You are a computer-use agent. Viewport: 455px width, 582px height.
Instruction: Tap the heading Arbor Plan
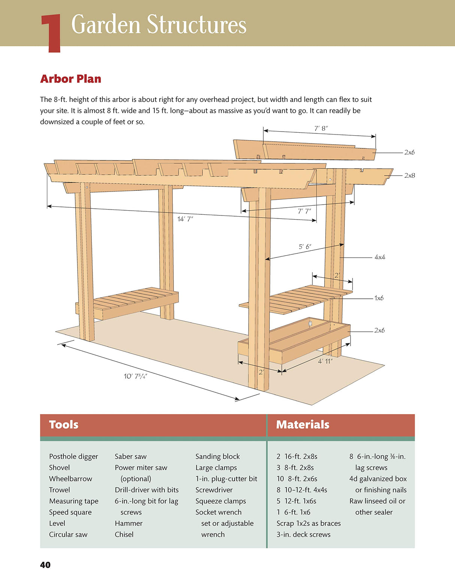tap(70, 79)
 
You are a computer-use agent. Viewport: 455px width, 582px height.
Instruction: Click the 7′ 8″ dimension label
tap(321, 129)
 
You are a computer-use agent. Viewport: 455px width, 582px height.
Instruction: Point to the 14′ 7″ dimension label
tap(185, 219)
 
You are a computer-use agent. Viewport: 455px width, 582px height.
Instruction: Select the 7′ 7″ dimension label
tap(304, 211)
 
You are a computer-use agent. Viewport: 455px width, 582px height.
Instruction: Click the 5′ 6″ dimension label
tap(305, 247)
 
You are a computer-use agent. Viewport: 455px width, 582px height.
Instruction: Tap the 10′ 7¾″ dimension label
tap(136, 376)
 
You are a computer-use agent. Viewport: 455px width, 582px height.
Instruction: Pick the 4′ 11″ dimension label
tap(325, 361)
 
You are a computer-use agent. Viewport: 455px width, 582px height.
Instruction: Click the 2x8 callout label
tap(409, 175)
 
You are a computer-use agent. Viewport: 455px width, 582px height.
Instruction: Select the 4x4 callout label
tap(380, 257)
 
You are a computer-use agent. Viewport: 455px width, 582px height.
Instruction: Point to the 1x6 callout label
tap(379, 298)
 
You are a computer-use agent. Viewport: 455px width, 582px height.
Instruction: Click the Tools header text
tap(64, 425)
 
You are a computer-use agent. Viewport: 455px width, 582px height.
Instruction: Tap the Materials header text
tap(302, 425)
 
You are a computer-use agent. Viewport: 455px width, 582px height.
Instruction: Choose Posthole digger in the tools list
tap(73, 456)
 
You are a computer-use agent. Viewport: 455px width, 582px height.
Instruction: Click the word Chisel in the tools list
tap(124, 534)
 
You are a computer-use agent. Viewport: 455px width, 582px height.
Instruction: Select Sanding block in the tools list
tap(217, 456)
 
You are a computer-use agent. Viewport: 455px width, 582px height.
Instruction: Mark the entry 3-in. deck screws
tap(304, 534)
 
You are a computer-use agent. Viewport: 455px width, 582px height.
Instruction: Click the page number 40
tap(45, 565)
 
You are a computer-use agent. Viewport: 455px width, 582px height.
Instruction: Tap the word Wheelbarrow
tap(70, 479)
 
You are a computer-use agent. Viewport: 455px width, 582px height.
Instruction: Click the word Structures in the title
tap(196, 24)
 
